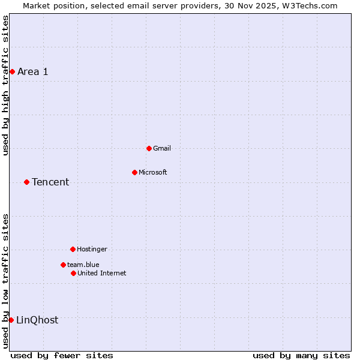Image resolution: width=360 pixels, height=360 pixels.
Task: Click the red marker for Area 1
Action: (x=12, y=72)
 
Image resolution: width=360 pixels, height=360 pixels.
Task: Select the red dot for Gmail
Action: (x=149, y=148)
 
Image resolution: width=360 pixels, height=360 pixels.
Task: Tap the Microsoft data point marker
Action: (x=134, y=172)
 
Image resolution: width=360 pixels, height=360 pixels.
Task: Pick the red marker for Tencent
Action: (x=26, y=182)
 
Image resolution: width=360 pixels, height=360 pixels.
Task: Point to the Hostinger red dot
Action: (x=73, y=249)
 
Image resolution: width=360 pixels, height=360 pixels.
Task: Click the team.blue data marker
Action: (x=63, y=265)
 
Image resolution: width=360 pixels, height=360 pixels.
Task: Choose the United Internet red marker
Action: (x=73, y=273)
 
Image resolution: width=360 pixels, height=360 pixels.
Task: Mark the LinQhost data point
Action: (x=11, y=320)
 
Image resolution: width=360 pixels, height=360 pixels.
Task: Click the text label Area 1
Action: (x=32, y=72)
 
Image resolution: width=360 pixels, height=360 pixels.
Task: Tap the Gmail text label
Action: (x=162, y=148)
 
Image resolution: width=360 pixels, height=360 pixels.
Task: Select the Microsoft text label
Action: (x=153, y=172)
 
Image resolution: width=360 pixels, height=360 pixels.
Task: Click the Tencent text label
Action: (x=50, y=182)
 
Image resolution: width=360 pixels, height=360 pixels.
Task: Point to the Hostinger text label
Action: (x=92, y=249)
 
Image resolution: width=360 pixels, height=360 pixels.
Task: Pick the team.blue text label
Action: (x=83, y=265)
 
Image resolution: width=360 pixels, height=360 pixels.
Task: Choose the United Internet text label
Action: (x=102, y=273)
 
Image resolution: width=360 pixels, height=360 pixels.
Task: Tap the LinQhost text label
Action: (x=37, y=320)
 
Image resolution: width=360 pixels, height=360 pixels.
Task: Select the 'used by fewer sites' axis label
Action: (x=62, y=355)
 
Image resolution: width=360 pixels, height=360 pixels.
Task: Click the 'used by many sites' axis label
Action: (x=301, y=355)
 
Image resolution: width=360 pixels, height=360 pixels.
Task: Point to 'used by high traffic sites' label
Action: (x=5, y=85)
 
